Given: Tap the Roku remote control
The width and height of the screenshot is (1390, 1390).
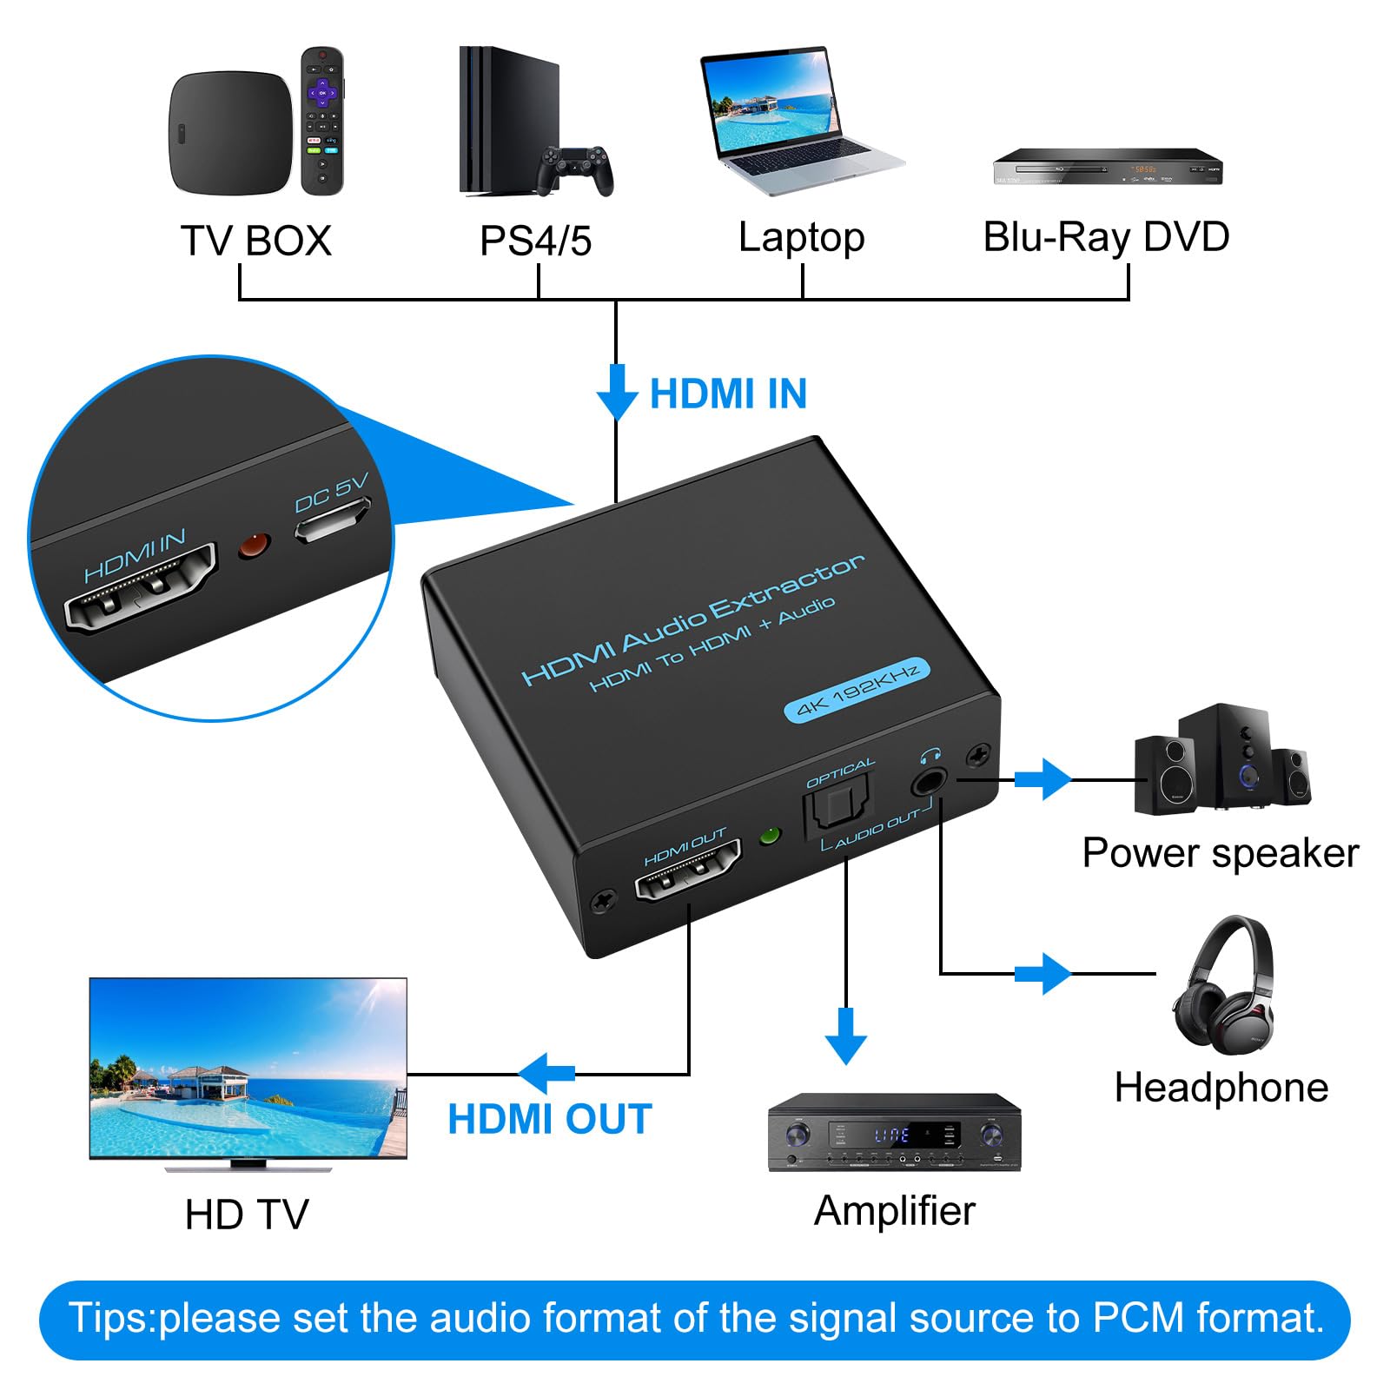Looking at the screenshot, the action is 322,121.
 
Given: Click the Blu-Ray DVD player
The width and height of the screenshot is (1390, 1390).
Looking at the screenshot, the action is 1108,167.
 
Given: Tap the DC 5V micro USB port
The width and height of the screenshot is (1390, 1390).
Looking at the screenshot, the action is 332,520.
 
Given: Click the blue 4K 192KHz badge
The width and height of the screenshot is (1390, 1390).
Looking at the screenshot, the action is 857,691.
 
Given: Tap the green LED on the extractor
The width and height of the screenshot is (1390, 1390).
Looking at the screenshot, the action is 770,836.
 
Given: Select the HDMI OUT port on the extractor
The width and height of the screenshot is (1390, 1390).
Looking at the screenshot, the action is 688,870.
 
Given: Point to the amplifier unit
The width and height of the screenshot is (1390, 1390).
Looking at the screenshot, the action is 895,1132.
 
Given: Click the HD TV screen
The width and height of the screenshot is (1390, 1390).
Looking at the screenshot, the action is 248,1068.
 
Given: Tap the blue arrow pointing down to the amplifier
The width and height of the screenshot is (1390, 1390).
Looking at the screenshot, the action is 846,1036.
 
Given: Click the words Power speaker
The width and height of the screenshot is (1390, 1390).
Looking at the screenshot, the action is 1220,853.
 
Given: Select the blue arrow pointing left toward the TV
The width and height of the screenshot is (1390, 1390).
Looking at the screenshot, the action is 546,1074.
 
